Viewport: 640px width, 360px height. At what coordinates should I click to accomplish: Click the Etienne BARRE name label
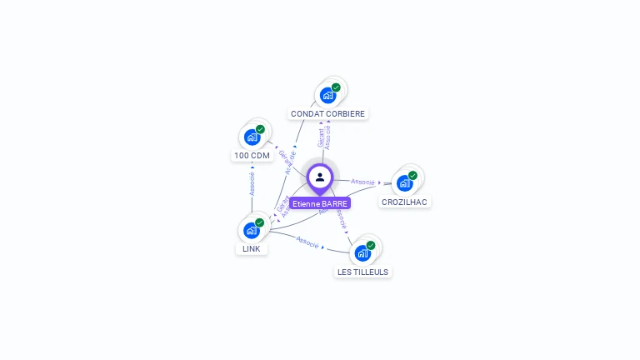[x=320, y=203]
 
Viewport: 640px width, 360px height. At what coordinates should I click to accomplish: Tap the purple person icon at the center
[x=320, y=177]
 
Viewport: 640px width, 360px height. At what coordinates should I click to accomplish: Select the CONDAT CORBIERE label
[x=327, y=113]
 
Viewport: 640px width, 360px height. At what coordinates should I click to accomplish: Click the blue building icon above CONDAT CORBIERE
[x=327, y=95]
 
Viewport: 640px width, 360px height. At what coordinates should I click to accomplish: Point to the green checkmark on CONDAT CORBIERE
[x=336, y=87]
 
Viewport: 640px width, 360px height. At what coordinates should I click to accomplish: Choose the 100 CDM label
[x=252, y=156]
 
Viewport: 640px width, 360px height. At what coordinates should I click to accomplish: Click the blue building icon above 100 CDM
[x=252, y=137]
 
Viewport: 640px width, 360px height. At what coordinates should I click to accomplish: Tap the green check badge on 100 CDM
[x=260, y=129]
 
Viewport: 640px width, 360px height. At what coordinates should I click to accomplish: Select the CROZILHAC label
[x=406, y=202]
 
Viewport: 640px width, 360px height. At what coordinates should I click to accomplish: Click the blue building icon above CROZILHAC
[x=404, y=183]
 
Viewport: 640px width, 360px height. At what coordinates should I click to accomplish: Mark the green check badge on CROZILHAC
[x=412, y=176]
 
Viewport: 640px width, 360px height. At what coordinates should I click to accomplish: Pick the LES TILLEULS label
[x=362, y=272]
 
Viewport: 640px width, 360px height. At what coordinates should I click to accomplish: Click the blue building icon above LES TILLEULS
[x=362, y=253]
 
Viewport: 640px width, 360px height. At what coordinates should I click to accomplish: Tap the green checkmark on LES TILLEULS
[x=371, y=245]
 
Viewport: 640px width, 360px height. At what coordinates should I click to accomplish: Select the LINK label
[x=252, y=248]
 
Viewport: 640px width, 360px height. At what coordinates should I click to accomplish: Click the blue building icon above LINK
[x=251, y=230]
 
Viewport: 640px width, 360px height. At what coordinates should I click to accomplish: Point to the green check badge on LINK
[x=259, y=222]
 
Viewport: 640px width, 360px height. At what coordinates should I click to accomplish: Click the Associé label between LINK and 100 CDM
[x=252, y=184]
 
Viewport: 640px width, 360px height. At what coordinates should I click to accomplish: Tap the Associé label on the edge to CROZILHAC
[x=362, y=181]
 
